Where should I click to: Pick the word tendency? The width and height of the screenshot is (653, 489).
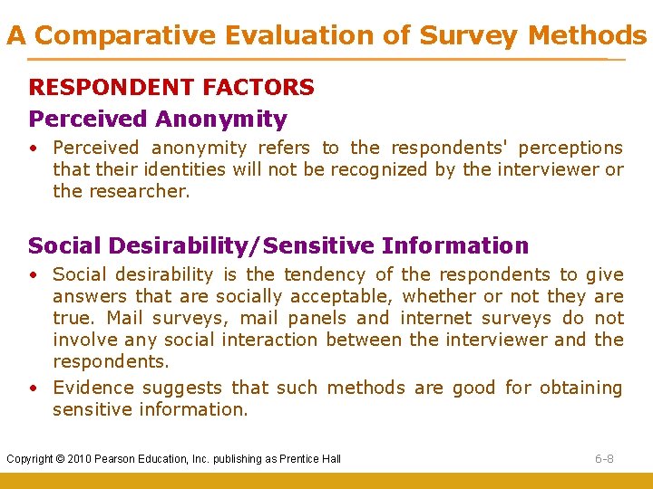326,274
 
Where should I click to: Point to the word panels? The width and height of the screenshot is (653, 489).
314,318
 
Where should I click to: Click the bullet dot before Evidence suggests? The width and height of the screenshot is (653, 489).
33,388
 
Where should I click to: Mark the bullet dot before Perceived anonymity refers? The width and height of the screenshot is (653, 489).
33,149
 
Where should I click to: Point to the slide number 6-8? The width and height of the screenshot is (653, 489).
604,458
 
